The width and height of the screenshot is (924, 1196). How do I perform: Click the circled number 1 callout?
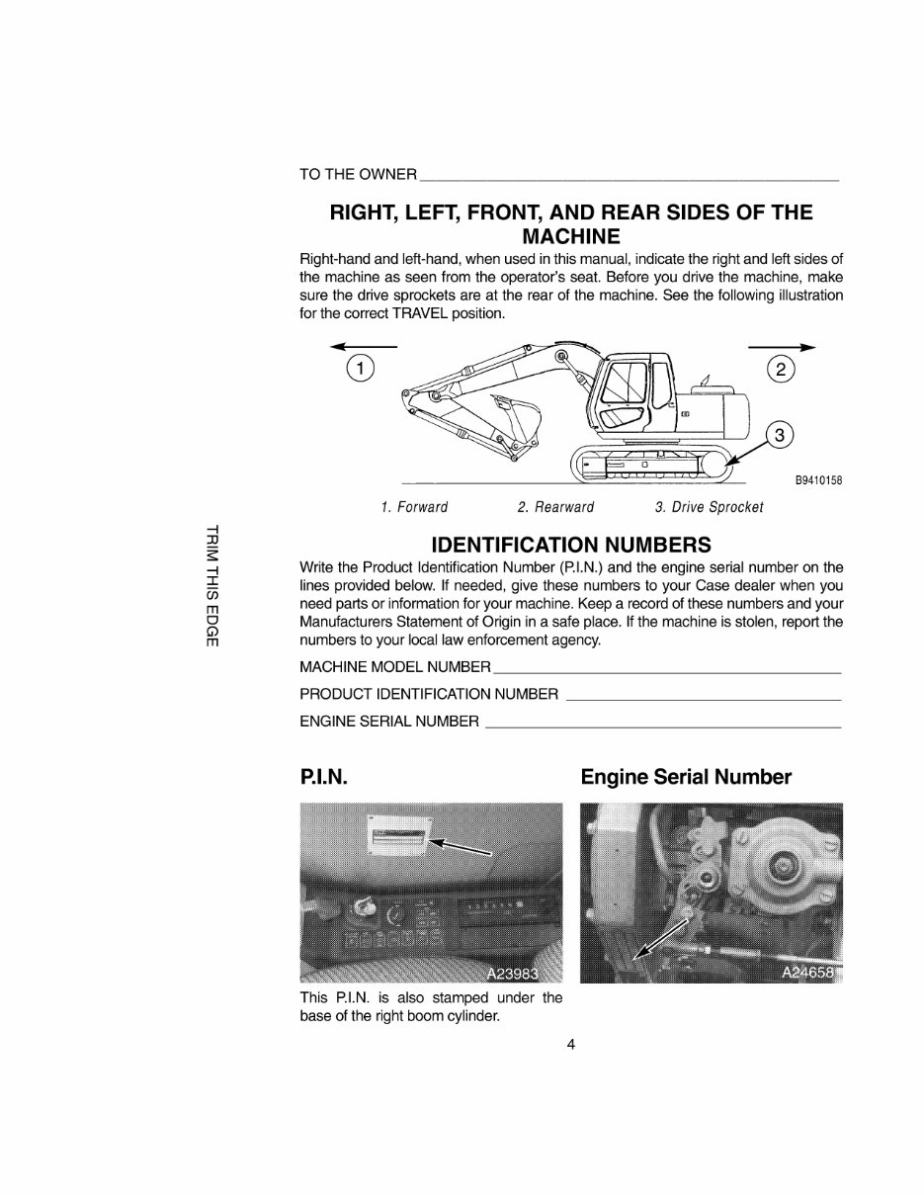tap(361, 370)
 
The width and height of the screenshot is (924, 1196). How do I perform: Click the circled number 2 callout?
tap(781, 370)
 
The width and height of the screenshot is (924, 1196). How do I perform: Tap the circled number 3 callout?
tap(781, 434)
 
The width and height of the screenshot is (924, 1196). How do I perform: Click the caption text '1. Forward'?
tap(414, 507)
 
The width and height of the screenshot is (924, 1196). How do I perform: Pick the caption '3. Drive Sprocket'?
tap(709, 507)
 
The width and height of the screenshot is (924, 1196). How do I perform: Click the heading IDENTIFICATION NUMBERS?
tap(571, 545)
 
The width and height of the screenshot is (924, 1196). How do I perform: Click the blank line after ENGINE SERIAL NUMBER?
tap(664, 726)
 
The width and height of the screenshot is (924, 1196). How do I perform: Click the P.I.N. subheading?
tap(322, 777)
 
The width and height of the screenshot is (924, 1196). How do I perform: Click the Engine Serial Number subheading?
tap(686, 777)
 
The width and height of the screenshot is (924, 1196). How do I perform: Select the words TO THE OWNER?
tap(358, 175)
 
